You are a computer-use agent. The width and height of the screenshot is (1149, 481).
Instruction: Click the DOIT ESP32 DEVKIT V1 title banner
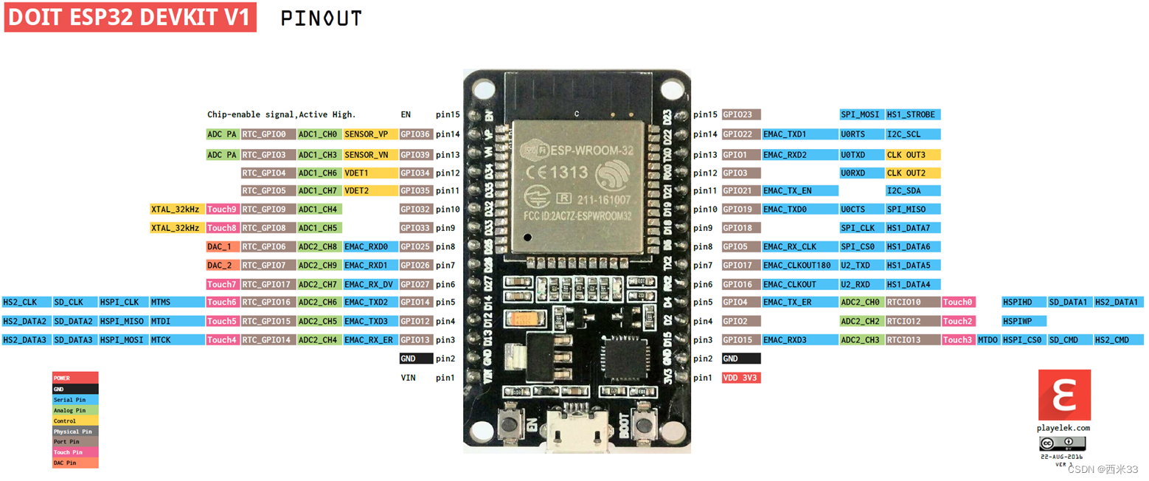pos(131,18)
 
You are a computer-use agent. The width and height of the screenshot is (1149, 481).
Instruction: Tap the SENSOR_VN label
pos(369,155)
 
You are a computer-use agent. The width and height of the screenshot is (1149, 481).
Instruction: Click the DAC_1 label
pos(223,246)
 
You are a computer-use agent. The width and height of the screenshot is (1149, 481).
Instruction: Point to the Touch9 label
pos(223,210)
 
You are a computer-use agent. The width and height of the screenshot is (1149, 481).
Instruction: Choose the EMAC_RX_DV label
pos(369,284)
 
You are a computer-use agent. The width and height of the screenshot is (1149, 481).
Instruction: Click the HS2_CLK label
pos(27,302)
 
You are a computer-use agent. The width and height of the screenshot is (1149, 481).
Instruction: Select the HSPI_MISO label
pos(123,321)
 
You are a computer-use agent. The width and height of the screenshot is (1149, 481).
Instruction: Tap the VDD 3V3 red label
pos(740,378)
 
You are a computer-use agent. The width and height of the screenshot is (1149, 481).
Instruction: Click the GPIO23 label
pos(741,115)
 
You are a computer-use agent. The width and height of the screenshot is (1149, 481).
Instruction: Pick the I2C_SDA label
pos(912,191)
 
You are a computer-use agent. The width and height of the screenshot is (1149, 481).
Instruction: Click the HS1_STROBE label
pos(912,115)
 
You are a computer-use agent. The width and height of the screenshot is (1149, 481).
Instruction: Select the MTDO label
pos(988,340)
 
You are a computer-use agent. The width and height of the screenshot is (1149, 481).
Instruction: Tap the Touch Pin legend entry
pos(74,452)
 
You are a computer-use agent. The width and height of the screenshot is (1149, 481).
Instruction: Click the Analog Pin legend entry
pos(74,410)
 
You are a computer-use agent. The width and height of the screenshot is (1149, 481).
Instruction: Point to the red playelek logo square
pos(1064,395)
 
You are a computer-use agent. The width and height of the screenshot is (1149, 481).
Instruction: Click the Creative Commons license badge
pos(1063,443)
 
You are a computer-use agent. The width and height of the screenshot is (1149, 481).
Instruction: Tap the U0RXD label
pos(861,173)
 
